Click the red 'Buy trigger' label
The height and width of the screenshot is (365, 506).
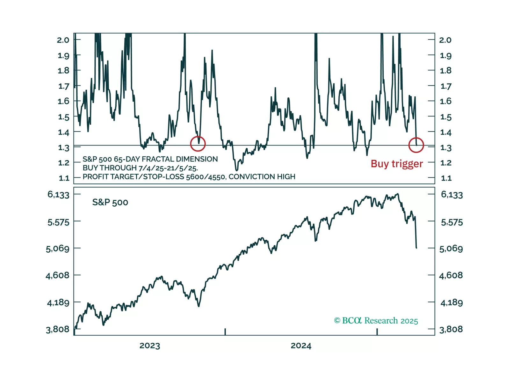click(397, 164)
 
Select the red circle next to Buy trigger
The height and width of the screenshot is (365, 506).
click(416, 145)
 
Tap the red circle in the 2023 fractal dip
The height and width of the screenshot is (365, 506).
click(198, 144)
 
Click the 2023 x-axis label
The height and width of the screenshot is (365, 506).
click(150, 346)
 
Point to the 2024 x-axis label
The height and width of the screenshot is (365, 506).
click(301, 346)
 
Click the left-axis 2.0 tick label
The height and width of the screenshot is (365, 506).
click(63, 40)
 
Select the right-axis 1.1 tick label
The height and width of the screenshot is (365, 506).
click(446, 178)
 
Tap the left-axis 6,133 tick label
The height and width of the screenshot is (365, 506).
click(58, 195)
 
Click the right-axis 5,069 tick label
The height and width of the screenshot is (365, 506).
click(451, 249)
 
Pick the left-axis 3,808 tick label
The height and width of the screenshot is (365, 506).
click(58, 329)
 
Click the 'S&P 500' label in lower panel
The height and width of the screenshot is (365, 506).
click(110, 202)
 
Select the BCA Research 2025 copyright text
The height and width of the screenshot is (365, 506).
click(376, 321)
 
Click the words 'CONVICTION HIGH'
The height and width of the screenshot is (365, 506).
click(262, 177)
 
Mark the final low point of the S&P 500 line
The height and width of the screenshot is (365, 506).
click(416, 248)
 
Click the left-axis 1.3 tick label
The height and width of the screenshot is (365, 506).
click(63, 148)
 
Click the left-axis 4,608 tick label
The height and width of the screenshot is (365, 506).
click(58, 275)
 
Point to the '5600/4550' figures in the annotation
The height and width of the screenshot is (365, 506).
click(206, 177)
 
